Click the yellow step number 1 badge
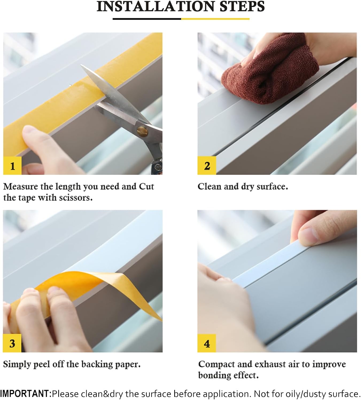(12, 166)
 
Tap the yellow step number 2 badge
(207, 166)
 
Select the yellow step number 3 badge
(12, 343)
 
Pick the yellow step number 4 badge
(207, 343)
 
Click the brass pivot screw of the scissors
(142, 130)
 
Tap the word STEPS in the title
(242, 7)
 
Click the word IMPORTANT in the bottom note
(25, 394)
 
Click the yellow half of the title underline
(215, 19)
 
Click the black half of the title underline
(147, 19)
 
